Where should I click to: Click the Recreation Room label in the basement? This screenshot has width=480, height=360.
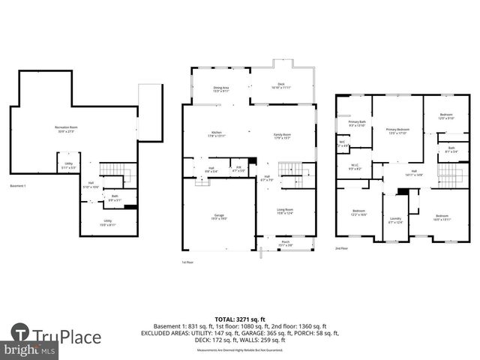coord(67,129)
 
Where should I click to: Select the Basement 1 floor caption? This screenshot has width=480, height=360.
coord(20,185)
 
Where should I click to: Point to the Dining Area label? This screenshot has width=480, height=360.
coord(221,89)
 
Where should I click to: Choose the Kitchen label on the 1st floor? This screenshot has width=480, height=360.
coord(216,135)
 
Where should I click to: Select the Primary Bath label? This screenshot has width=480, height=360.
coord(356,123)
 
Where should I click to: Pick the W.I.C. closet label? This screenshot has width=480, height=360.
coord(355,168)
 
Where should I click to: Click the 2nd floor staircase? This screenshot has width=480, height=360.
coord(448,177)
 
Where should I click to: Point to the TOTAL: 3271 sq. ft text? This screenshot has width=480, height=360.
coord(240,319)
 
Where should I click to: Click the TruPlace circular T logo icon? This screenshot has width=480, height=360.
coord(20,334)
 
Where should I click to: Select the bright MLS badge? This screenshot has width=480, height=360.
coord(28,350)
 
